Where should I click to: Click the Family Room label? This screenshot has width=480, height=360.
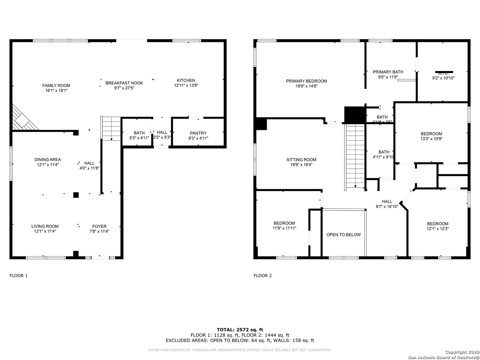pyautogui.click(x=56, y=86)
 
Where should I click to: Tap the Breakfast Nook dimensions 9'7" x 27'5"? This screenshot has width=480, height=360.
pyautogui.click(x=124, y=88)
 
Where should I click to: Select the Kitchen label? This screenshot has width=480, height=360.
pyautogui.click(x=186, y=80)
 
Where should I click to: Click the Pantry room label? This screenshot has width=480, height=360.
pyautogui.click(x=198, y=133)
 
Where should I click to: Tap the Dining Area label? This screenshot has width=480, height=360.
pyautogui.click(x=48, y=160)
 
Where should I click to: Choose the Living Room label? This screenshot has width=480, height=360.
pyautogui.click(x=45, y=226)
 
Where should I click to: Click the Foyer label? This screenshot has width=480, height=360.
pyautogui.click(x=99, y=226)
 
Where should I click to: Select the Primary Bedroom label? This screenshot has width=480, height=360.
pyautogui.click(x=306, y=81)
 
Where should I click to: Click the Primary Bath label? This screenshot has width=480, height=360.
pyautogui.click(x=388, y=72)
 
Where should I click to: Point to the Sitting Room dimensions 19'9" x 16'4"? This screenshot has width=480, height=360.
pyautogui.click(x=301, y=165)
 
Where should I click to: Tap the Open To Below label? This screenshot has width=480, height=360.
pyautogui.click(x=343, y=235)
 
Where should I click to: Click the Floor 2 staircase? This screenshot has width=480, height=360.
pyautogui.click(x=355, y=156)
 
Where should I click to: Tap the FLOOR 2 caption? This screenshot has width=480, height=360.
pyautogui.click(x=263, y=276)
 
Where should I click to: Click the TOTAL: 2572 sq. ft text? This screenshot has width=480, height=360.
pyautogui.click(x=240, y=330)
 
